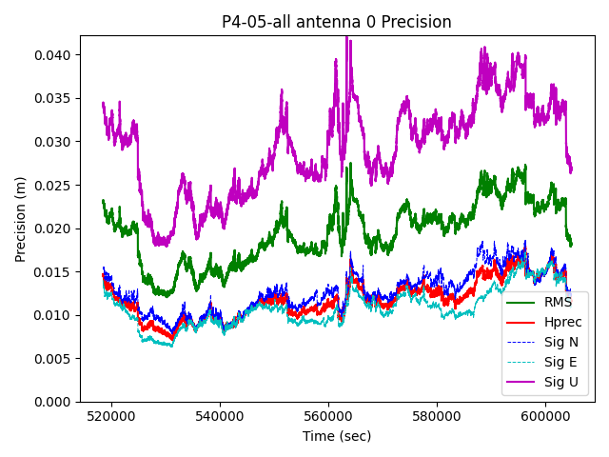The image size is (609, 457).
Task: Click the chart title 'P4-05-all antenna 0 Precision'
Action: click(337, 22)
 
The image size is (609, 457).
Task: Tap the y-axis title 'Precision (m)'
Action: click(20, 219)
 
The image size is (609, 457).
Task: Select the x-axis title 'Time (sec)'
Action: click(337, 436)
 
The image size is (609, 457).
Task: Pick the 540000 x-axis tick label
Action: click(220, 417)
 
